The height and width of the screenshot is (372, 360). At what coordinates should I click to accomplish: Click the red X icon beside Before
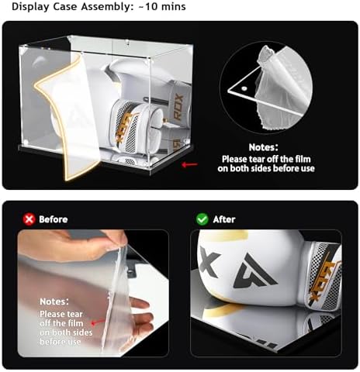click(29, 219)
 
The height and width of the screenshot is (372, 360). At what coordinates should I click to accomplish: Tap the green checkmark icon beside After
click(202, 219)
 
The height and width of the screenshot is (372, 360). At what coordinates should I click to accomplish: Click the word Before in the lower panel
click(54, 219)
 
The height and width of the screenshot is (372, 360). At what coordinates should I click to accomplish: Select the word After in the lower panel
click(224, 219)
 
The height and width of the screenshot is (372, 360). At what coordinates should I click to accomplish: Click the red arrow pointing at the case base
click(189, 164)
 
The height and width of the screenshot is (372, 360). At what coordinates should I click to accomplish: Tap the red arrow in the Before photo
click(98, 322)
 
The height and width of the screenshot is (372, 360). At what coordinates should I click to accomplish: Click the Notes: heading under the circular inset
click(263, 147)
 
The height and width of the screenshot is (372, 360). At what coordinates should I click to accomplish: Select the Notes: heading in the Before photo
click(54, 301)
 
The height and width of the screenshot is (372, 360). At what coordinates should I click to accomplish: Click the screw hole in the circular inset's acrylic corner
click(244, 89)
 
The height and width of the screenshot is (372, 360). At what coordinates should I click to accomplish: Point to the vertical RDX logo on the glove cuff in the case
click(178, 107)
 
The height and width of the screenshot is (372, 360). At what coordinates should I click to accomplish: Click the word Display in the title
click(31, 7)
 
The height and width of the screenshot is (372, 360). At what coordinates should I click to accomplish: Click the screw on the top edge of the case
click(127, 41)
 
